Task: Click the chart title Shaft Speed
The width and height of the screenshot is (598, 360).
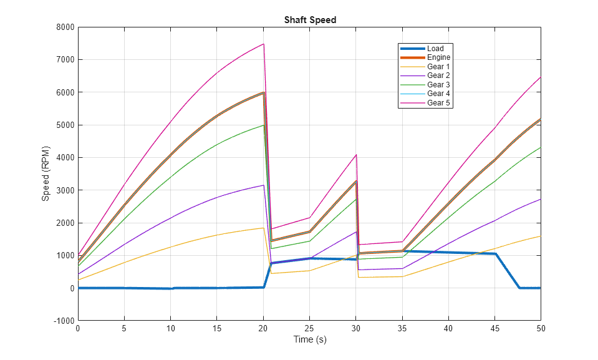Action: click(310, 20)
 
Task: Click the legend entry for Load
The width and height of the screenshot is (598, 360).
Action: click(435, 49)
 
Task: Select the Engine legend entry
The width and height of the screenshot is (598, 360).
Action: click(438, 57)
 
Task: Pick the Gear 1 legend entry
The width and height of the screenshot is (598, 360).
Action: click(438, 67)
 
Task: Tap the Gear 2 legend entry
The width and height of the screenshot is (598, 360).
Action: click(438, 75)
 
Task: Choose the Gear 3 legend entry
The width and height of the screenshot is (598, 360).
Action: click(438, 85)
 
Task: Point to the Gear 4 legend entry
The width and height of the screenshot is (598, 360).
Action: click(438, 94)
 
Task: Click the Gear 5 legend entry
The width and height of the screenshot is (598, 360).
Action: click(438, 103)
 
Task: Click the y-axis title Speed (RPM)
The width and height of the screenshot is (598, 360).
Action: click(46, 173)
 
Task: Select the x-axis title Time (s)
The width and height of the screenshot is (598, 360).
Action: click(310, 340)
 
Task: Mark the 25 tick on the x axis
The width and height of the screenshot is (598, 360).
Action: click(310, 328)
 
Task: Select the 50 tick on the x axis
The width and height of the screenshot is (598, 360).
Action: click(540, 328)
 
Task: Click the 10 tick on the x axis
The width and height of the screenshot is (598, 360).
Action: click(171, 328)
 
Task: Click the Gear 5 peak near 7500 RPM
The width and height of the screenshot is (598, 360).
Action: click(263, 44)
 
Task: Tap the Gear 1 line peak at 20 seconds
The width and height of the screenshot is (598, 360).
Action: click(263, 228)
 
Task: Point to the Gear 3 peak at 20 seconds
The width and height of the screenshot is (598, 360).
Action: click(263, 125)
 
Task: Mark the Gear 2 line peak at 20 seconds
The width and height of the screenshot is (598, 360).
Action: click(263, 185)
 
